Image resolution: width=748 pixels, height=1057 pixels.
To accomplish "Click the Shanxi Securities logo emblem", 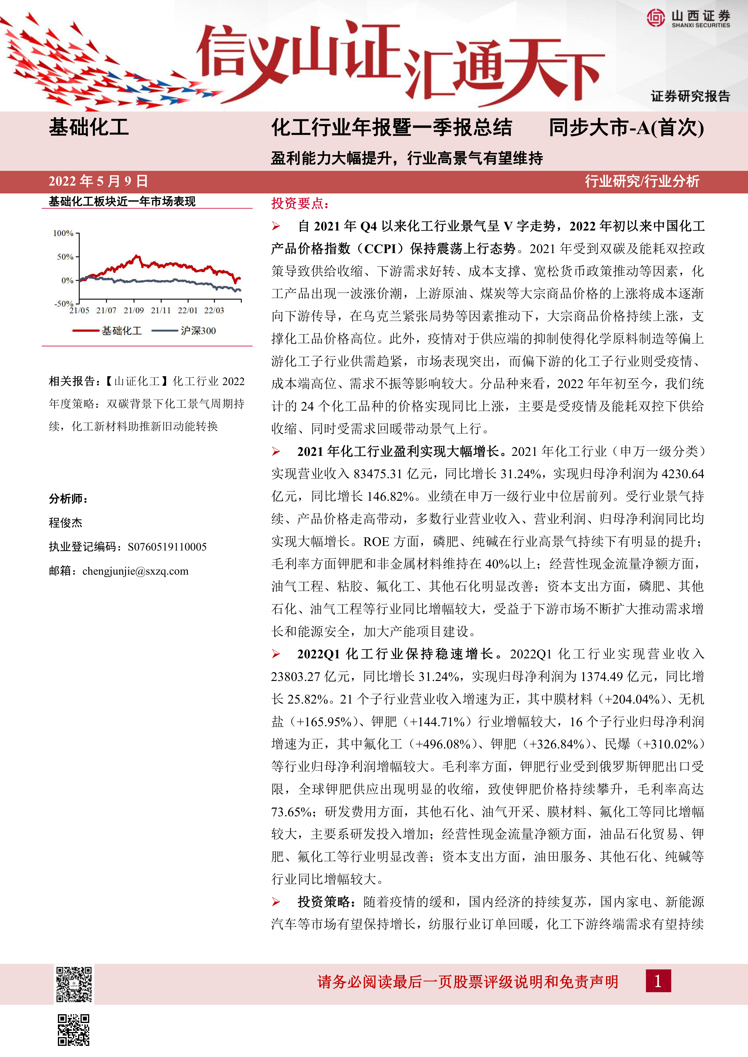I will pos(656,18).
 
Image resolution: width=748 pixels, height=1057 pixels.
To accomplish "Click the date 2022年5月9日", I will pos(98,181).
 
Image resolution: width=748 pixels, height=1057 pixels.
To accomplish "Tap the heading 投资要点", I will pos(300,203).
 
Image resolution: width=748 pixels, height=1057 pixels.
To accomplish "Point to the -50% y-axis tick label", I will pos(64,303).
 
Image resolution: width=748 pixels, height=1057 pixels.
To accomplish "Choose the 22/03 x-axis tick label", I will pos(214,311).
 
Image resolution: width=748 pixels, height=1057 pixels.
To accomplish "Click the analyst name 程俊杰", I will pos(65,522).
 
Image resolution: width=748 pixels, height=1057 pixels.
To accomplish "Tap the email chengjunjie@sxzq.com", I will pos(135,571).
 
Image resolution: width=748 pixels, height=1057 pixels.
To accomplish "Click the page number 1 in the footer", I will pos(658,981).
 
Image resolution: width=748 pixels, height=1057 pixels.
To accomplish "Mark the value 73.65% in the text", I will pos(291,812).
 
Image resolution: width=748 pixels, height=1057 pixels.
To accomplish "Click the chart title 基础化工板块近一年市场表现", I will pos(122,201).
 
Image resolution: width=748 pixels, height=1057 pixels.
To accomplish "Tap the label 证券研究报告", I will pos(690,96).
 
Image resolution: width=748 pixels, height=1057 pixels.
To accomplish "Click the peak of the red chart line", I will pos(137,256).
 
